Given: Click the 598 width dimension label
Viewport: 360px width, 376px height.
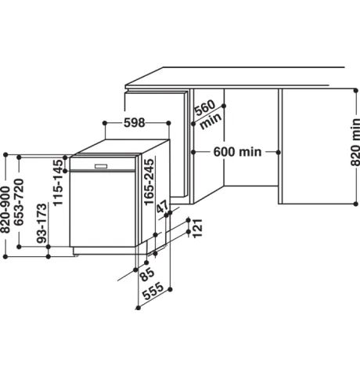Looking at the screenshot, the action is (134, 123).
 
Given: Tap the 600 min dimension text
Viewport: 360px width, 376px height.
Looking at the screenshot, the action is (237, 152).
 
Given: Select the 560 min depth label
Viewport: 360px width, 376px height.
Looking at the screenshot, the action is (208, 114).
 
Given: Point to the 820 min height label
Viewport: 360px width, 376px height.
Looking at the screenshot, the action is (355, 142).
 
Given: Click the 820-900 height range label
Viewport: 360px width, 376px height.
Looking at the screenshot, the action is (5, 209).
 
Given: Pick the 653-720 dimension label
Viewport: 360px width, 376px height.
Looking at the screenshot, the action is (19, 202).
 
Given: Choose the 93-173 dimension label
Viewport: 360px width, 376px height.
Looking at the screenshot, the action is (42, 223).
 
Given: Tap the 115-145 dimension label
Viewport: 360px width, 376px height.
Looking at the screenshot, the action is (58, 183).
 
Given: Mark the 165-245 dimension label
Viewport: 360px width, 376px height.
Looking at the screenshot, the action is (149, 182).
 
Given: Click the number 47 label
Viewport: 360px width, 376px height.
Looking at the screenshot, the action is (163, 207).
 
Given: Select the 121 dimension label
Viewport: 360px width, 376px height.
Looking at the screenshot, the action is (197, 228).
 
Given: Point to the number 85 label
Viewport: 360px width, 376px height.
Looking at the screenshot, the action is (147, 274).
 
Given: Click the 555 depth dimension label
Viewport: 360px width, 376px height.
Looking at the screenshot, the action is (153, 291).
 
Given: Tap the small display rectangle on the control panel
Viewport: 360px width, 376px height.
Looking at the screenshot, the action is (101, 166).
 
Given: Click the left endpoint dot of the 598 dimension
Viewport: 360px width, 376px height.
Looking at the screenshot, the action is (105, 123).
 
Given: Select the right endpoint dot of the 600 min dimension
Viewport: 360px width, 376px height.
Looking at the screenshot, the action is (279, 152).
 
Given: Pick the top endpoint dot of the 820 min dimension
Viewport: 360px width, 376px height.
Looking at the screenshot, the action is (356, 90).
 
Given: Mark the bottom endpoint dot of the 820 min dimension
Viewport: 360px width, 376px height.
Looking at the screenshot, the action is (356, 204).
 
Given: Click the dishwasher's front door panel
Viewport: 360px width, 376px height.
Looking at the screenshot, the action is (103, 209).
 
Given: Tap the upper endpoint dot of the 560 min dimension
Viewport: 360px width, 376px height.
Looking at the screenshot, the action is (224, 106).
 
